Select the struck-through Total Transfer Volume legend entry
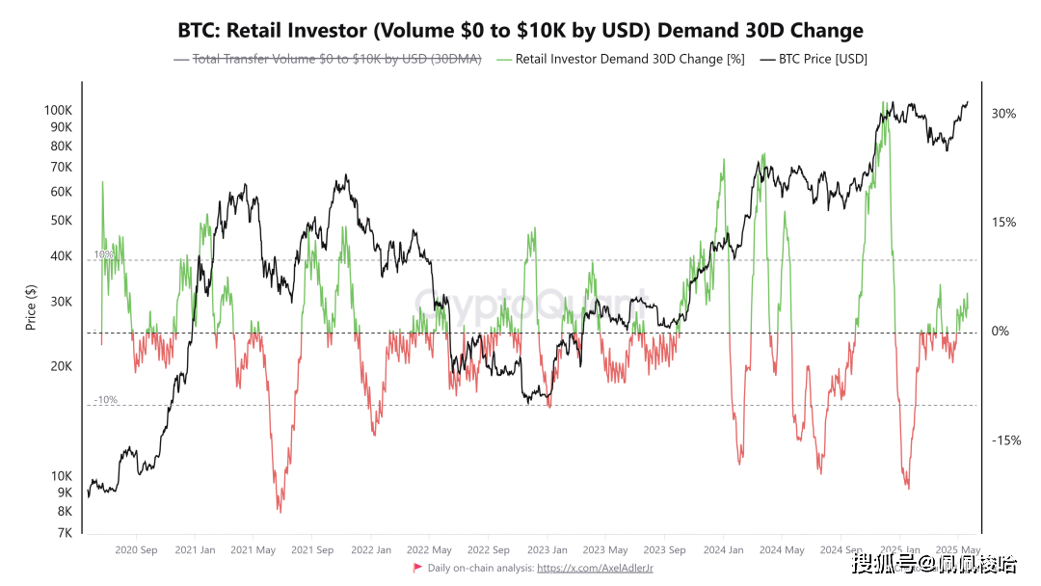point(328,59)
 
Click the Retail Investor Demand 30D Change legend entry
point(621,59)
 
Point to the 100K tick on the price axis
point(59,110)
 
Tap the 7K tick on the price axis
point(65,533)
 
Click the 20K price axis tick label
point(61,366)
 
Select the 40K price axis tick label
point(61,255)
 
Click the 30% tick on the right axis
point(1004,114)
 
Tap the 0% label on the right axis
point(1001,332)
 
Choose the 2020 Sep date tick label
point(136,550)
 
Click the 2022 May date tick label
point(429,550)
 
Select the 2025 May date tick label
point(959,550)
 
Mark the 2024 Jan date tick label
point(723,550)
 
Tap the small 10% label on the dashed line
point(103,254)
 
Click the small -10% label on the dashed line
point(105,399)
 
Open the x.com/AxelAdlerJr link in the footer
point(595,569)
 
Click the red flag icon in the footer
point(417,568)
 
